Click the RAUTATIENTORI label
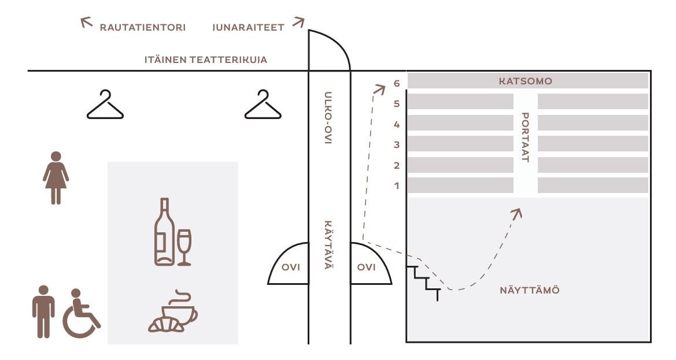click(143, 28)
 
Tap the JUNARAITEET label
click(248, 28)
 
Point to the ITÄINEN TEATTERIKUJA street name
click(206, 60)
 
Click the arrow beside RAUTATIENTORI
click(87, 22)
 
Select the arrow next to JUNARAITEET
click(298, 22)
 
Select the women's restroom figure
click(56, 178)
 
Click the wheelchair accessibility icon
click(81, 314)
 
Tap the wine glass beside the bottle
click(184, 247)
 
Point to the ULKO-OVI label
click(328, 117)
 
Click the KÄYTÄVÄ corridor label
click(328, 244)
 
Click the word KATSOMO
click(526, 81)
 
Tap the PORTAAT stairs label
click(525, 138)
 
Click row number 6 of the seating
click(397, 83)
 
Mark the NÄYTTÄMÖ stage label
click(530, 290)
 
